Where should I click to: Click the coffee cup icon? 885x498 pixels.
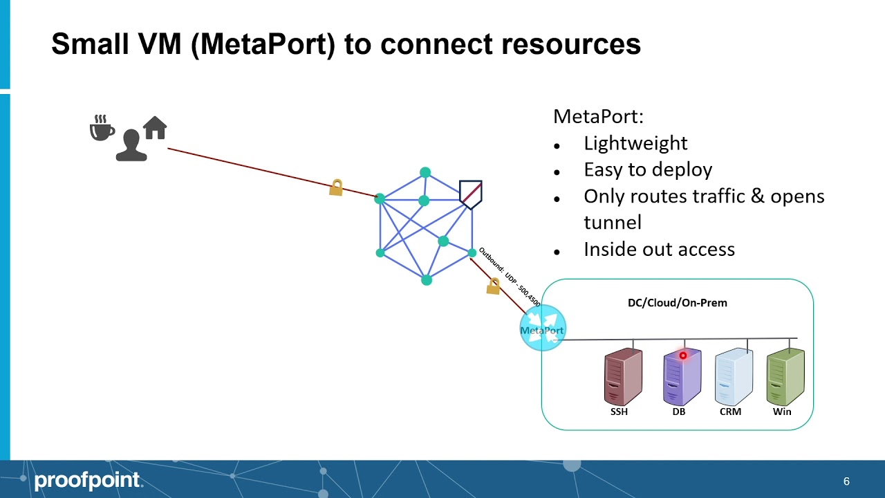pos(102,129)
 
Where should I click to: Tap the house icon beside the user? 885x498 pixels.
pos(155,128)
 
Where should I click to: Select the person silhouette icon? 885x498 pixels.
pos(131,145)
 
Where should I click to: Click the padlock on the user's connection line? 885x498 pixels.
pos(336,187)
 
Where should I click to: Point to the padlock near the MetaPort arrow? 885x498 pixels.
pos(493,286)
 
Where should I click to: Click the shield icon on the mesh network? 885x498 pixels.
pos(470,194)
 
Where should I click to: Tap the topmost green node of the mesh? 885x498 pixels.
pos(425,172)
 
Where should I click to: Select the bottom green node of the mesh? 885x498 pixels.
pos(427,279)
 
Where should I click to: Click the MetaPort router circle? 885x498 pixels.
pos(543,329)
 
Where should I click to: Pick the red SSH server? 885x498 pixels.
pos(623,377)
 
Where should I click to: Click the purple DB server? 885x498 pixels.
pos(682,377)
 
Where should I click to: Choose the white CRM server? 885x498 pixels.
pos(734,377)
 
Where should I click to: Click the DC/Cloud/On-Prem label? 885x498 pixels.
pos(677,302)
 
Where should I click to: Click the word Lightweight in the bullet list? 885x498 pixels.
pos(635,143)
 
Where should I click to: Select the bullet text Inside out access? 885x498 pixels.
pos(659,249)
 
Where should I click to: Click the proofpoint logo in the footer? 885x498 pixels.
pos(87,480)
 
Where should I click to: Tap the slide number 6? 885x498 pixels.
pos(846,481)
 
